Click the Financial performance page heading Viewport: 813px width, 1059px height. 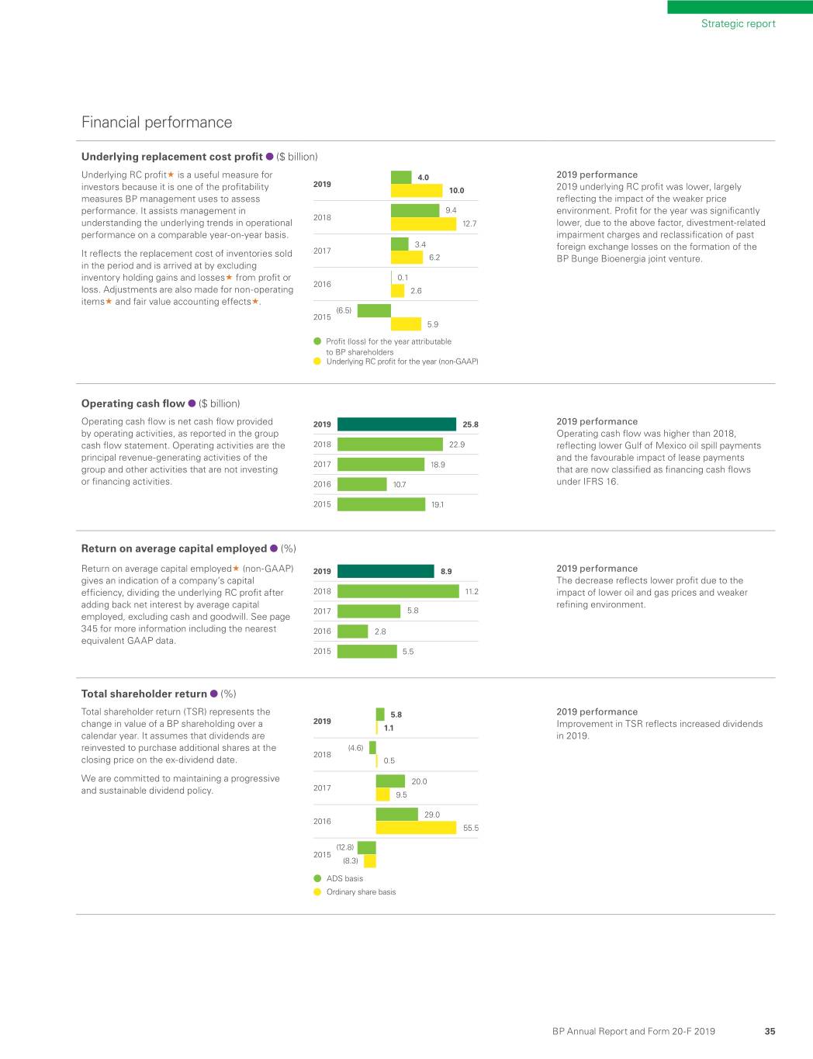point(157,123)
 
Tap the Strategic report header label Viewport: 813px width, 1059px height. point(738,24)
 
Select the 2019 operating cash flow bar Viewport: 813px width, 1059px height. point(396,424)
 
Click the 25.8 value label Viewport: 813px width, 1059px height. point(470,424)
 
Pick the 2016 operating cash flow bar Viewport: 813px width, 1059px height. point(362,484)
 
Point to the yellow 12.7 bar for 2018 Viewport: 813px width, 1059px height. point(424,223)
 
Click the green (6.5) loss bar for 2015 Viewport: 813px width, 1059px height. point(374,310)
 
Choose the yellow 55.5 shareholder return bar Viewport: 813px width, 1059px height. point(416,828)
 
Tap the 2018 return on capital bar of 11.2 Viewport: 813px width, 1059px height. point(398,591)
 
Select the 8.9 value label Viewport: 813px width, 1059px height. point(446,571)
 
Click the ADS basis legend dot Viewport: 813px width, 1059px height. point(317,878)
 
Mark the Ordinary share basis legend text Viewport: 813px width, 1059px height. point(361,892)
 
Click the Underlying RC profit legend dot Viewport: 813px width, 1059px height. point(317,362)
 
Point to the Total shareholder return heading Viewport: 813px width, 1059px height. point(144,694)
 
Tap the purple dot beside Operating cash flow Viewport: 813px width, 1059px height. point(192,403)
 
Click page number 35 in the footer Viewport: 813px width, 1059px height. point(770,1031)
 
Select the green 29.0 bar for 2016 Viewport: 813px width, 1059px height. point(396,815)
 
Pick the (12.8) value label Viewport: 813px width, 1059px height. point(344,847)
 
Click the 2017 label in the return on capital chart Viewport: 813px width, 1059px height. point(322,611)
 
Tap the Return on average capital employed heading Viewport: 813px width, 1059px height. point(174,549)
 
